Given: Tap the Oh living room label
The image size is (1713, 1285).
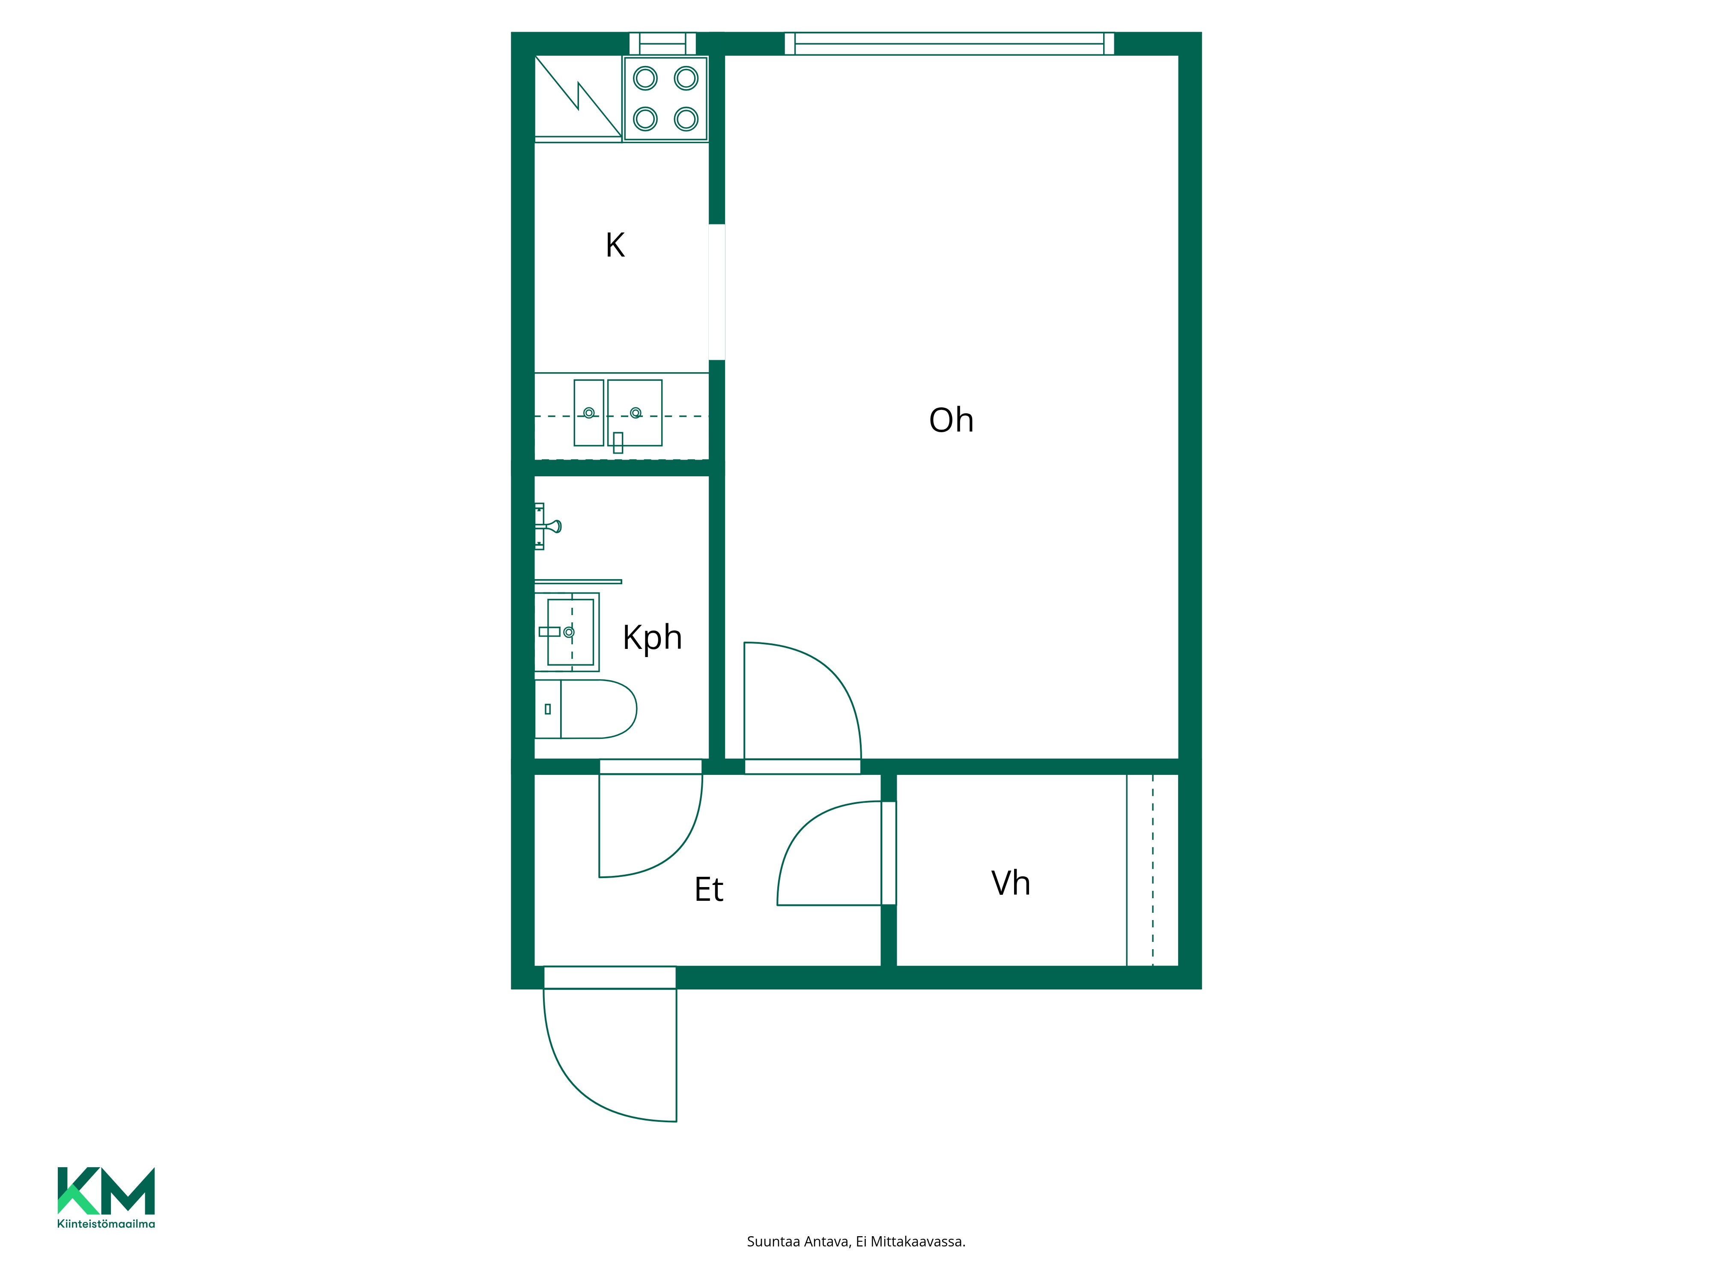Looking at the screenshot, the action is [x=951, y=420].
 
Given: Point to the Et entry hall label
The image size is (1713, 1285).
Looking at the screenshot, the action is [x=709, y=889].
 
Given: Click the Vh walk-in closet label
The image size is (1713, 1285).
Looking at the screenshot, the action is [x=1011, y=883].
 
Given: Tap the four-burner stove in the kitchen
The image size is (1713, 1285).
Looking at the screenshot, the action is [x=666, y=99].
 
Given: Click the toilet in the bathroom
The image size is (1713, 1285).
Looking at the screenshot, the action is [x=585, y=709].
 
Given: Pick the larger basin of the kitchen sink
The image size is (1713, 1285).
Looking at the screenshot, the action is [x=635, y=413].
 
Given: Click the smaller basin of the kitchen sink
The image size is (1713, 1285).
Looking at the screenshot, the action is [x=588, y=413].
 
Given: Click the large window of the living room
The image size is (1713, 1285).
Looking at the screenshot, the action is [x=949, y=43].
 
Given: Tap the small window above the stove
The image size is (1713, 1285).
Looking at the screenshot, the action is [x=663, y=43].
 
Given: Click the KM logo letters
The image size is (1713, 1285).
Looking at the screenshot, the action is [x=106, y=1190].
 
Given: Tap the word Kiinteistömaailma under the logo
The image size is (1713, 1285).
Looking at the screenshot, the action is [x=106, y=1224].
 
